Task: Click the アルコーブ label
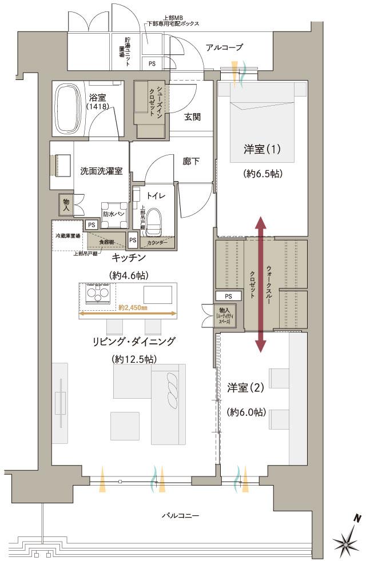click(225, 47)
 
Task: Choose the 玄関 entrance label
click(192, 117)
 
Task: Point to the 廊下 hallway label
click(192, 162)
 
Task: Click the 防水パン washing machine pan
click(112, 212)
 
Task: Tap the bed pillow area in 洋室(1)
click(263, 91)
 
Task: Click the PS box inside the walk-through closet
click(228, 296)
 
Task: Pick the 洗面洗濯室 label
click(101, 170)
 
